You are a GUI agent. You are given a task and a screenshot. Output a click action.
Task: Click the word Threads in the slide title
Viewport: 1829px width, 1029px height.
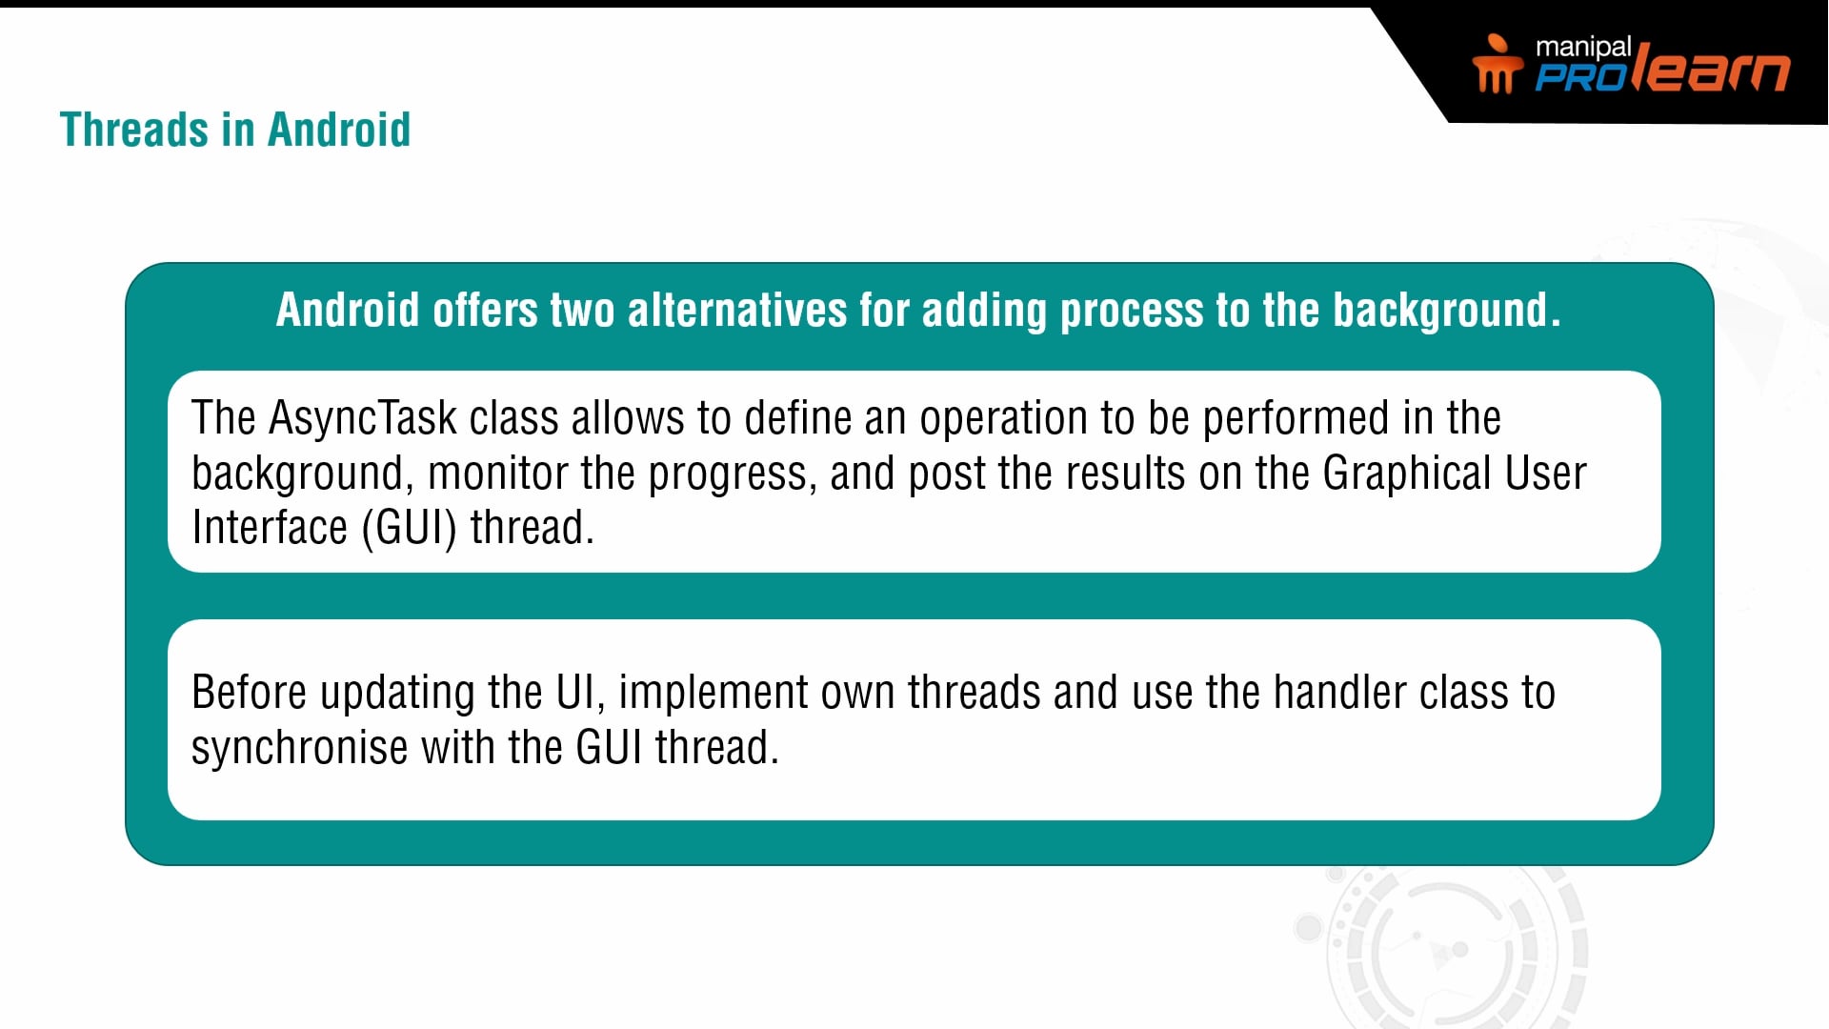click(x=134, y=130)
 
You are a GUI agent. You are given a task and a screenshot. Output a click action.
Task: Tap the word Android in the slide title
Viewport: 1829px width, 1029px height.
click(x=339, y=130)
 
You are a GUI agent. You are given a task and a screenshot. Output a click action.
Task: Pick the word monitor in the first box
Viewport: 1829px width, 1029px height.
click(x=497, y=474)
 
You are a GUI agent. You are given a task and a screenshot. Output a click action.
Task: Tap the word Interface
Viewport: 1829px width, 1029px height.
click(x=270, y=528)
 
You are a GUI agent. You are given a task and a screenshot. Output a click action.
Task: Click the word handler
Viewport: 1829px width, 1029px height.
click(x=1339, y=692)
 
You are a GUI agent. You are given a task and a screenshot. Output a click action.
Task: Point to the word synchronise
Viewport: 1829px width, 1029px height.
click(x=299, y=748)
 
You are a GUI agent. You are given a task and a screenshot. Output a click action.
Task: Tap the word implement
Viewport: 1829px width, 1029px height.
click(x=713, y=694)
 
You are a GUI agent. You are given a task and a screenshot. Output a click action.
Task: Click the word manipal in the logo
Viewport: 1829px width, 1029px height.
click(x=1583, y=48)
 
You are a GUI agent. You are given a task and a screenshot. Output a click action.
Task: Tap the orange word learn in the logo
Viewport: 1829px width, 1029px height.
click(x=1711, y=69)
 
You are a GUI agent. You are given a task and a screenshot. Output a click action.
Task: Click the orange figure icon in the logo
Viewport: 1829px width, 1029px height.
click(x=1497, y=63)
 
